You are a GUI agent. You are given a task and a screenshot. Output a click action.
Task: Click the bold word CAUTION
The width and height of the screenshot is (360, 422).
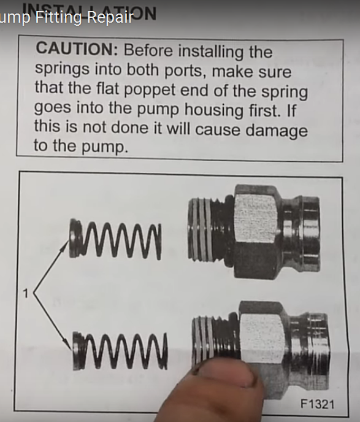pos(72,48)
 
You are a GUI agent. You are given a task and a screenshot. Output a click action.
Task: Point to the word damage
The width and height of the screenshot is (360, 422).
pos(274,130)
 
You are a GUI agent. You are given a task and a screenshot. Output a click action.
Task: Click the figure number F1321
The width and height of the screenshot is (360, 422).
pos(318,405)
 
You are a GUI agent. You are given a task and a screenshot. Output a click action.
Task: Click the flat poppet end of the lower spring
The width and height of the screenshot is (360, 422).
pos(78,351)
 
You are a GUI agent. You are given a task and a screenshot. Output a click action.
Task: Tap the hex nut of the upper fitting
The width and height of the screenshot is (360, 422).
pos(256,224)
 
